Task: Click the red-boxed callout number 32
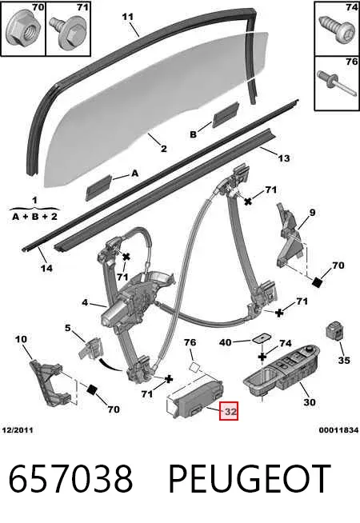(229, 410)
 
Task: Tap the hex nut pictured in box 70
(22, 30)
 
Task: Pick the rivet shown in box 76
(337, 83)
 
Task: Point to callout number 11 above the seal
(128, 16)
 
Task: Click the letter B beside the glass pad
(193, 134)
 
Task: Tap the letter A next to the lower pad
(134, 174)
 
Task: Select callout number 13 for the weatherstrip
(283, 158)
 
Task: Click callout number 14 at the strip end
(46, 268)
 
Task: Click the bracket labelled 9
(290, 238)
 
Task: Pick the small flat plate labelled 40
(261, 338)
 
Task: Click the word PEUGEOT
(250, 479)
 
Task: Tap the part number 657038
(70, 479)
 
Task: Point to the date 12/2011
(18, 430)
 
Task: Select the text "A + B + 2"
(34, 217)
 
